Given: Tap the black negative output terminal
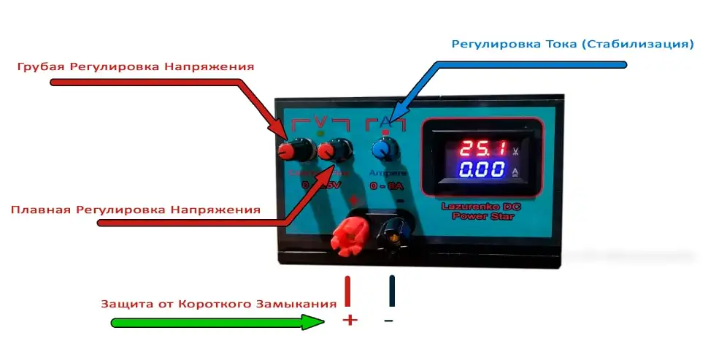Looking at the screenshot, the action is pyautogui.click(x=392, y=235).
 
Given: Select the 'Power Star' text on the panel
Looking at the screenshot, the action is pyautogui.click(x=477, y=215).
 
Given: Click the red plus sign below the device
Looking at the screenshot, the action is pyautogui.click(x=350, y=319).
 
